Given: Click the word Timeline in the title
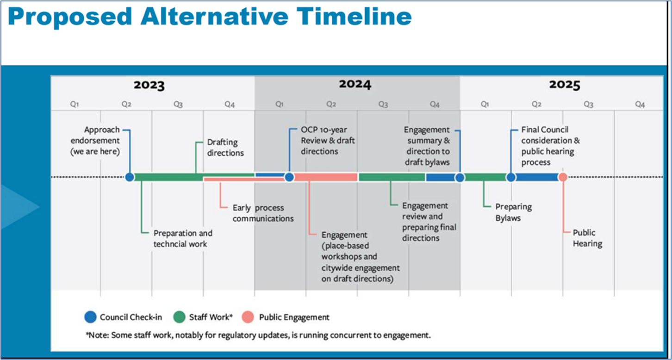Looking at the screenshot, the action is pyautogui.click(x=354, y=16).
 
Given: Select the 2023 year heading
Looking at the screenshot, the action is pyautogui.click(x=149, y=85).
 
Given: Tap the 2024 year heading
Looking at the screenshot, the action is pyautogui.click(x=355, y=84).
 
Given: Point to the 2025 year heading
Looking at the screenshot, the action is pyautogui.click(x=565, y=85).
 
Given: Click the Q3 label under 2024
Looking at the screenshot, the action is pyautogui.click(x=383, y=104).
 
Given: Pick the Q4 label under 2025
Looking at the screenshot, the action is pyautogui.click(x=640, y=104).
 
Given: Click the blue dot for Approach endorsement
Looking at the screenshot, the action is pyautogui.click(x=130, y=177).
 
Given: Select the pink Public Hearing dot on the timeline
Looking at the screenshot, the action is pyautogui.click(x=563, y=177).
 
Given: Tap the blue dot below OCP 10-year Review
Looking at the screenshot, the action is pyautogui.click(x=289, y=177).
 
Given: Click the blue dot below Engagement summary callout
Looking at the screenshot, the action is pyautogui.click(x=460, y=178).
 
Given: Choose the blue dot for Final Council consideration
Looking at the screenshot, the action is pyautogui.click(x=511, y=177).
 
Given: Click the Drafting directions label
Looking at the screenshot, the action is pyautogui.click(x=225, y=147).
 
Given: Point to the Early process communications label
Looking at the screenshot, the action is pyautogui.click(x=263, y=213).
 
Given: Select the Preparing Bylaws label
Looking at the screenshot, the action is pyautogui.click(x=514, y=212).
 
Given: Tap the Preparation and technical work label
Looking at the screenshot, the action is pyautogui.click(x=183, y=238).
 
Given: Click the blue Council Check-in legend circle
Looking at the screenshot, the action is pyautogui.click(x=90, y=317).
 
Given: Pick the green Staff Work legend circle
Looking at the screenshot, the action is pyautogui.click(x=180, y=317).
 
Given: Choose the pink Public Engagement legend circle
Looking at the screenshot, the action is pyautogui.click(x=248, y=317).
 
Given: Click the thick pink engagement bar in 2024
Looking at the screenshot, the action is pyautogui.click(x=325, y=177).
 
